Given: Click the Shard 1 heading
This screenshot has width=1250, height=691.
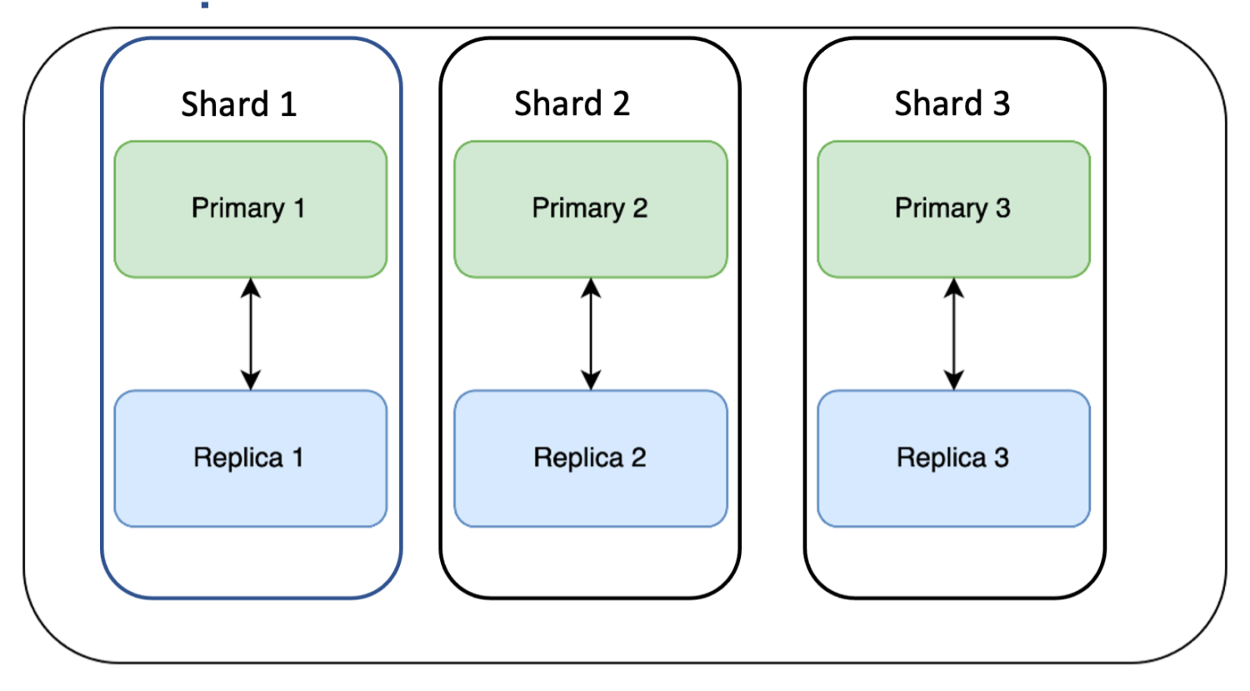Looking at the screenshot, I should (238, 104).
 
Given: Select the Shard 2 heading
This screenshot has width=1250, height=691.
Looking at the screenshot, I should (572, 104).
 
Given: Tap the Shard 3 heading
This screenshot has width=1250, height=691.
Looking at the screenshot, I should (952, 104).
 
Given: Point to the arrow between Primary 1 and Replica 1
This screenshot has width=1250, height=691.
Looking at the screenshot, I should (250, 334).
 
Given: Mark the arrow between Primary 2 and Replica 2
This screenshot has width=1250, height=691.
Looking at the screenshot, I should (591, 334).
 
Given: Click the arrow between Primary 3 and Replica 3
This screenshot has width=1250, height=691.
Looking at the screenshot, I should (954, 334).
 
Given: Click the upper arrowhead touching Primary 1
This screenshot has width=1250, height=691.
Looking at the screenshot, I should (250, 288).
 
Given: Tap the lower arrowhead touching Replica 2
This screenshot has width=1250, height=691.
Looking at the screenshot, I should (591, 381).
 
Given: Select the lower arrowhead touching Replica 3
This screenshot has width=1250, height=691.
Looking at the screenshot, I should (954, 381).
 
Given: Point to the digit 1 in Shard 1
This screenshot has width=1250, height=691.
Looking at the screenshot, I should (287, 105).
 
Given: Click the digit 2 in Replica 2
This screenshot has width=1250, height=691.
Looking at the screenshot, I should (637, 458).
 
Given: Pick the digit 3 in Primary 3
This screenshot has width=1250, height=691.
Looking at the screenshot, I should (1002, 208).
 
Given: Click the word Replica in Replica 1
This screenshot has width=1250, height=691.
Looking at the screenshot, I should (238, 458).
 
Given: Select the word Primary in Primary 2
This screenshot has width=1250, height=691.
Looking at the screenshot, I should (578, 208).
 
